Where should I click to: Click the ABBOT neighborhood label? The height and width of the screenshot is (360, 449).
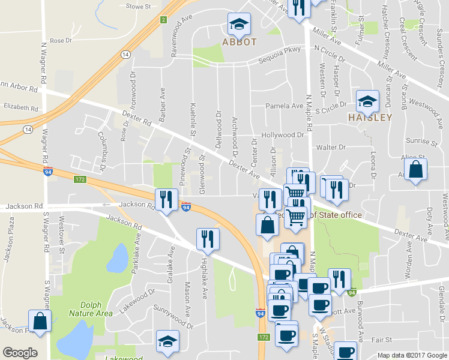point(240,42)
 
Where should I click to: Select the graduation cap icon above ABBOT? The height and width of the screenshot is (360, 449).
point(239,25)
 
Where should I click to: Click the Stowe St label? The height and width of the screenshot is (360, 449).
point(139,6)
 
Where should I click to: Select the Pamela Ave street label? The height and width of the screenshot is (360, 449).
point(285,106)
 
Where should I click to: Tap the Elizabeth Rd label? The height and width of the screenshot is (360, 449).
point(20,106)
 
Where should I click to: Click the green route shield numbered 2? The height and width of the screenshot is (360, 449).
point(163,20)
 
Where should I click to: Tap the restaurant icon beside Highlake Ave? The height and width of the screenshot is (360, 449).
point(208,239)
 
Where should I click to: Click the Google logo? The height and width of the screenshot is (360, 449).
point(20,353)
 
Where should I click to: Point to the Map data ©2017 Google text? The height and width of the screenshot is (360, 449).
point(412,355)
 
